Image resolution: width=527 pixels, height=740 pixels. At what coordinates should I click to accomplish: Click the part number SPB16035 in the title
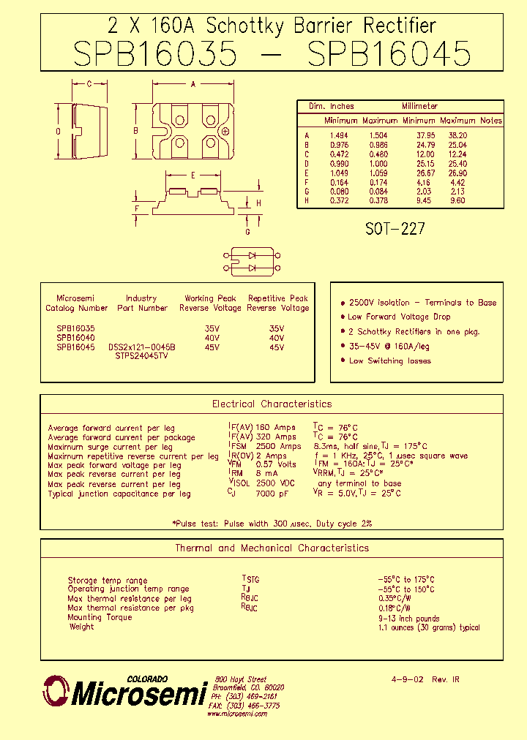155,54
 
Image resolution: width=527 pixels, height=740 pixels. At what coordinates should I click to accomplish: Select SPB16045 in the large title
389,54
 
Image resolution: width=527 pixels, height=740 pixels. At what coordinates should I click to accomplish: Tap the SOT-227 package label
395,229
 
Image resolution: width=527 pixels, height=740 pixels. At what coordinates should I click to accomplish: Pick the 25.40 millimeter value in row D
457,164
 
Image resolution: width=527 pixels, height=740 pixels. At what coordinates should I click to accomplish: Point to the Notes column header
490,121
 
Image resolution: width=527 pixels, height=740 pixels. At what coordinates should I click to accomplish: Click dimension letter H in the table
307,201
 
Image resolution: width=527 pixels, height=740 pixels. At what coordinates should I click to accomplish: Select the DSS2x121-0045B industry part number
141,347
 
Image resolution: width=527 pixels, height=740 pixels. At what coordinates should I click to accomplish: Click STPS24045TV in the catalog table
141,356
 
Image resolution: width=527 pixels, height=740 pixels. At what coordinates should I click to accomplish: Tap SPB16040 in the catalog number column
75,338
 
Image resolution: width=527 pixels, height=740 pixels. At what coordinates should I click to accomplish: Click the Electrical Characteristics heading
272,404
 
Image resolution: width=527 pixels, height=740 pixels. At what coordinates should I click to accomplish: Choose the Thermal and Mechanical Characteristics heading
272,548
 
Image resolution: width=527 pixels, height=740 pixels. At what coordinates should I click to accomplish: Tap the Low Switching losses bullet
389,360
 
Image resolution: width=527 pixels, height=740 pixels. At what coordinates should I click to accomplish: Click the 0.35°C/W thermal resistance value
395,598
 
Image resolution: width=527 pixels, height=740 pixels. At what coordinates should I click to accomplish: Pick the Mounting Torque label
100,617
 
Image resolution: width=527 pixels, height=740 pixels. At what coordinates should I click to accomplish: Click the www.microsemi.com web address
236,714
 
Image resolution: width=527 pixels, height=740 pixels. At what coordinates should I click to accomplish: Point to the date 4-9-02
407,679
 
